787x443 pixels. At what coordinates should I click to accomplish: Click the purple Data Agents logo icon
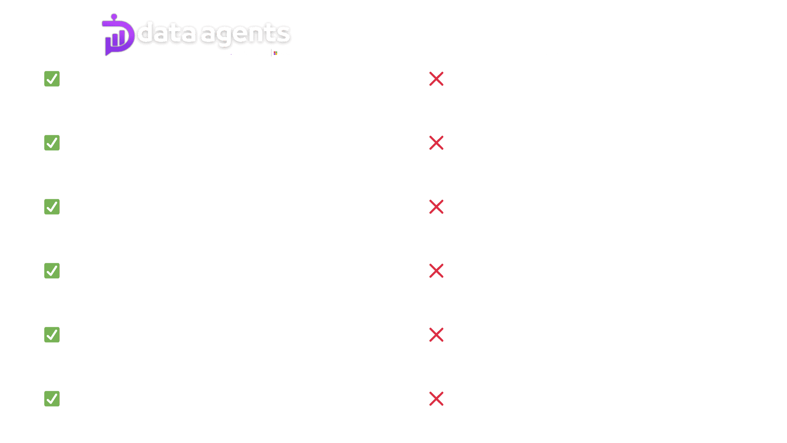point(118,36)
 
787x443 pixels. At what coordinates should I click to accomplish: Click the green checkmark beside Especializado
point(52,79)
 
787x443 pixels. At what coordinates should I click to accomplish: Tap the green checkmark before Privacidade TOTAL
point(52,143)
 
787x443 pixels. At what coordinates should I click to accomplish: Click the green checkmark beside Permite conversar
point(52,399)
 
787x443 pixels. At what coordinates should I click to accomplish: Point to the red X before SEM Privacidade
point(436,143)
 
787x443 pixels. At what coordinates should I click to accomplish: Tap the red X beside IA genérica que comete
point(436,79)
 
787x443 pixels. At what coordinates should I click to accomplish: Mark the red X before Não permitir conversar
point(436,399)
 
